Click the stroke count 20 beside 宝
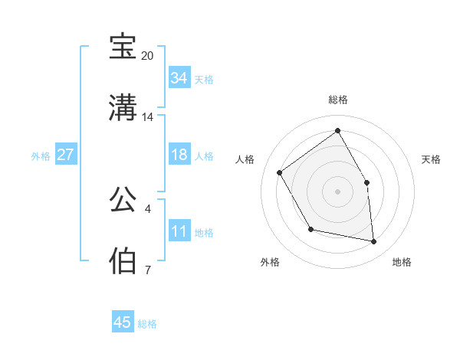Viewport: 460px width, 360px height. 147,56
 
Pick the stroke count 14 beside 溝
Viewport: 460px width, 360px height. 147,117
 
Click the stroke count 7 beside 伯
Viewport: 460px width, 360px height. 147,270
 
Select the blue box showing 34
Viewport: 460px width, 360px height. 179,78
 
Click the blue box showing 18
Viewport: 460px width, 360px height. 179,155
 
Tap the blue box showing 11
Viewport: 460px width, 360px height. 179,231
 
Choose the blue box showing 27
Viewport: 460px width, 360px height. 65,155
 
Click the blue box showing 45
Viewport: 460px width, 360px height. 123,322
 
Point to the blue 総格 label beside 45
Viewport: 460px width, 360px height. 147,324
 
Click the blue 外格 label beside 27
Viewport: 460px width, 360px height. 41,156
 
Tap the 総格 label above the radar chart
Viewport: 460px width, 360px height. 337,100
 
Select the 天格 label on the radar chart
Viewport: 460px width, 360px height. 431,159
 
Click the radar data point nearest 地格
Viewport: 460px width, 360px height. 373,242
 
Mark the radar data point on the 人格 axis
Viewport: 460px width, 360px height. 280,172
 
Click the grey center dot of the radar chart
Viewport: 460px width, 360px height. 337,191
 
